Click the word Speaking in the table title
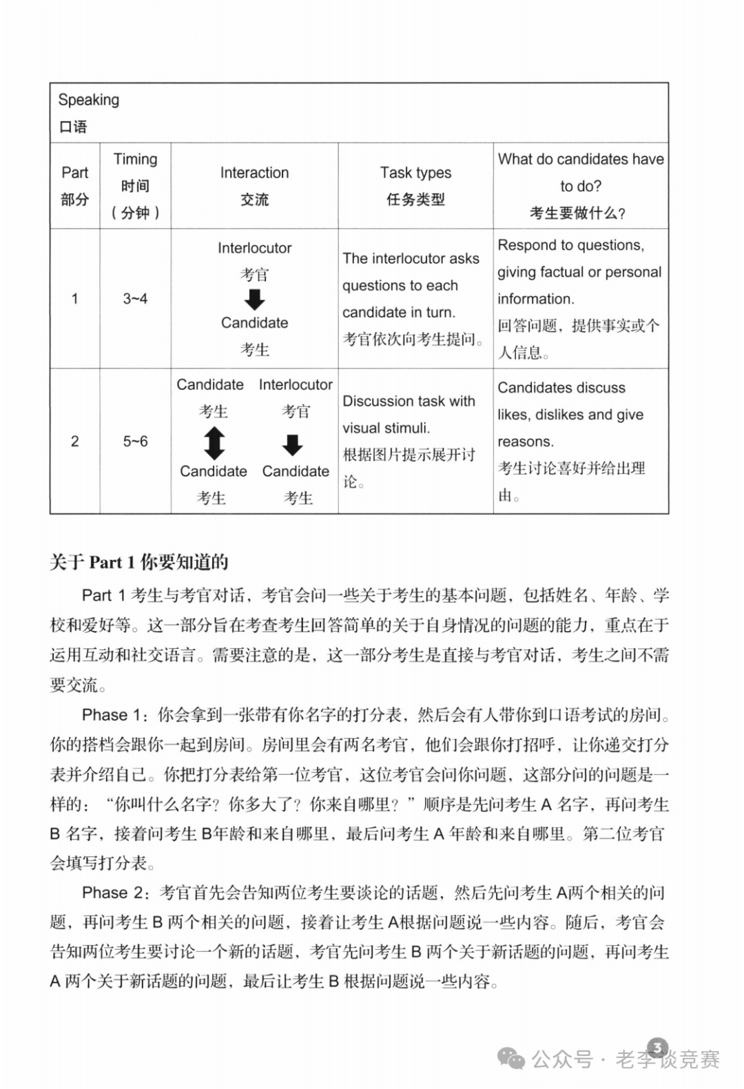(88, 100)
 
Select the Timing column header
(135, 159)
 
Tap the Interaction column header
(254, 173)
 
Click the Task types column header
(415, 173)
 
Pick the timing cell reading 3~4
(135, 299)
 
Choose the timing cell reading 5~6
(135, 442)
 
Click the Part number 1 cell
(74, 299)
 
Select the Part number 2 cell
(74, 442)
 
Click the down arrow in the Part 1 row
(255, 299)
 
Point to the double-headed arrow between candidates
(214, 443)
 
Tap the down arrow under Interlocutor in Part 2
(293, 444)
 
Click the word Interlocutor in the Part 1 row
(254, 248)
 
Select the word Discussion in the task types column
(375, 401)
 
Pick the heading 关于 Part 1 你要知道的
(138, 562)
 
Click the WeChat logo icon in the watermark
(512, 1059)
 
